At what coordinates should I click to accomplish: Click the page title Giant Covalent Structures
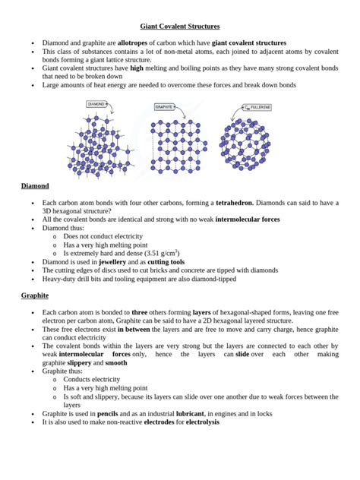tap(180, 25)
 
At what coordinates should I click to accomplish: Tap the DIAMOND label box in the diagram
tap(97, 103)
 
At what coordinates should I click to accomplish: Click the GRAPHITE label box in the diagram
tap(165, 107)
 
